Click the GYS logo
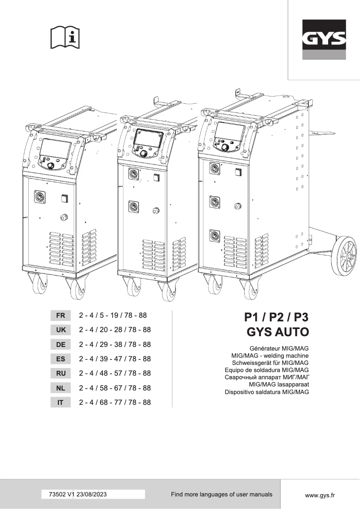pyautogui.click(x=324, y=40)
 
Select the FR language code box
pyautogui.click(x=61, y=316)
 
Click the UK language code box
pyautogui.click(x=61, y=330)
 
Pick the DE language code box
pyautogui.click(x=61, y=345)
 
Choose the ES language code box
pyautogui.click(x=61, y=359)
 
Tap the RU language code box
pyautogui.click(x=61, y=373)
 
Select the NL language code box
pyautogui.click(x=61, y=388)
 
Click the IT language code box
pyautogui.click(x=61, y=403)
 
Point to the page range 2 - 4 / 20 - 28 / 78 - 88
pyautogui.click(x=114, y=330)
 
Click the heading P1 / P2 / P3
pyautogui.click(x=277, y=317)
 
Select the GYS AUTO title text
pyautogui.click(x=278, y=333)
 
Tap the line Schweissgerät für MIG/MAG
pyautogui.click(x=270, y=363)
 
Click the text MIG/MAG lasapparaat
pyautogui.click(x=279, y=385)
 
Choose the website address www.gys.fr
pyautogui.click(x=320, y=495)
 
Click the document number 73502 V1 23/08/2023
pyautogui.click(x=77, y=494)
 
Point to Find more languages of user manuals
pyautogui.click(x=221, y=494)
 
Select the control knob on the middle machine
pyautogui.click(x=144, y=154)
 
